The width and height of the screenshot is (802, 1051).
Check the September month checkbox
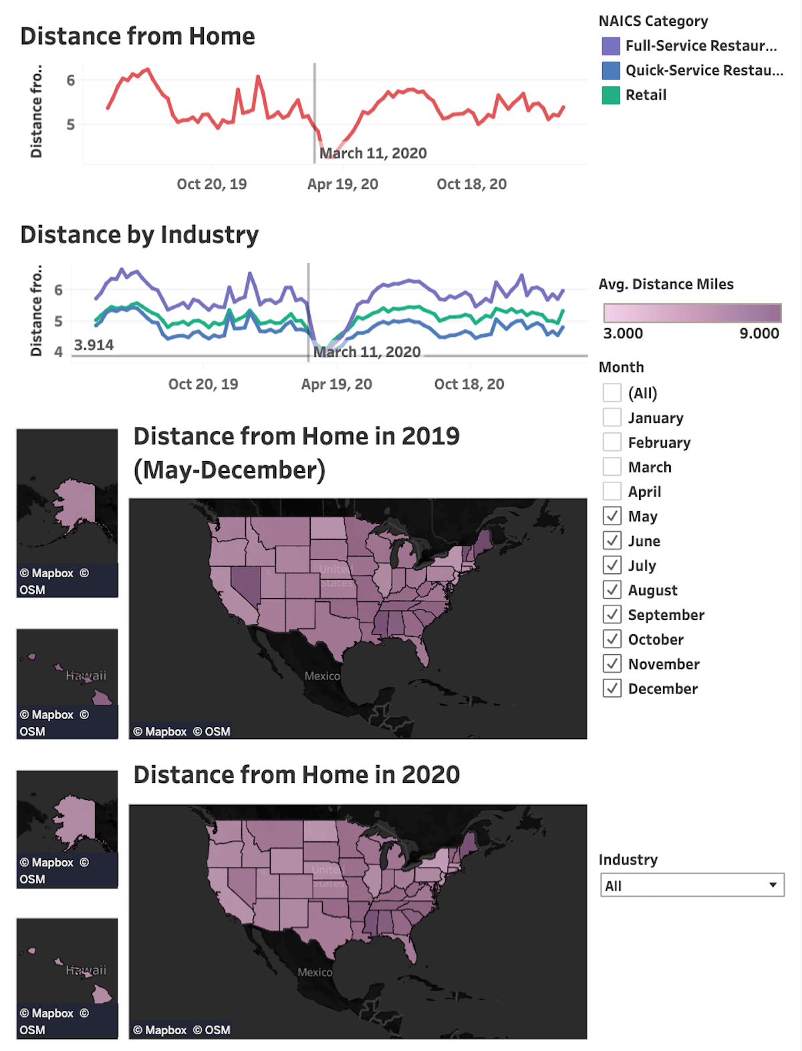click(612, 614)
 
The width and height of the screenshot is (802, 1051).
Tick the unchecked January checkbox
click(612, 418)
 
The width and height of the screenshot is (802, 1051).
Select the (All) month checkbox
click(612, 393)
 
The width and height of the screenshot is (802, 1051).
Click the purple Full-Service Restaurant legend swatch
click(611, 46)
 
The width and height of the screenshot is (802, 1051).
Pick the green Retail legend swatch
click(611, 96)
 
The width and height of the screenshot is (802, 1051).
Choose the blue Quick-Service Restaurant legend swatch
click(611, 71)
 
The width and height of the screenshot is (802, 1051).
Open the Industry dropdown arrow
click(773, 885)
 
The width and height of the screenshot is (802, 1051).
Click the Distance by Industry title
click(139, 235)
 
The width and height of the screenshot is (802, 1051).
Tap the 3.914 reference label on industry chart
click(94, 345)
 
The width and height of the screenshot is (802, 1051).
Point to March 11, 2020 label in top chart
click(373, 154)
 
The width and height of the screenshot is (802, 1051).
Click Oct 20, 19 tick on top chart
click(211, 184)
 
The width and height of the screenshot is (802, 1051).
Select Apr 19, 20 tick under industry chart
click(336, 384)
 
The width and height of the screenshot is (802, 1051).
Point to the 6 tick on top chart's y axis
click(71, 81)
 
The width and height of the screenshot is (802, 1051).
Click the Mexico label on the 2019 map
click(322, 676)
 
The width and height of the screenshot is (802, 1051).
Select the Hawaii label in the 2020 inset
click(86, 970)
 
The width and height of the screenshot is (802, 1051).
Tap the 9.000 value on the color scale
click(759, 333)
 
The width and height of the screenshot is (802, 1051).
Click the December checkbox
click(612, 688)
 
